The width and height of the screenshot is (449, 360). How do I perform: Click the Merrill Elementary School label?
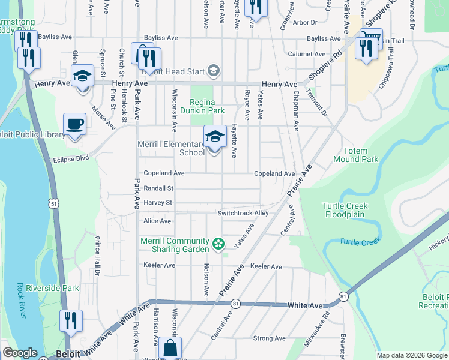pos(171,148)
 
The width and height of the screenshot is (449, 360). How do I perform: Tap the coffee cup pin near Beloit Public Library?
pos(74,125)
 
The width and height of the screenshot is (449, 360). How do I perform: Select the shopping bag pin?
pos(170,348)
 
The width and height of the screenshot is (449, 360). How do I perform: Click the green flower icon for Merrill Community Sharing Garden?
pos(218,244)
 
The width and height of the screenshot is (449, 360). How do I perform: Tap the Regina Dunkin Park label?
pos(207,106)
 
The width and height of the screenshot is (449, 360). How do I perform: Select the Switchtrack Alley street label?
pos(243,213)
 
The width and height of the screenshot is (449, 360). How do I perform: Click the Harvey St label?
pos(158,203)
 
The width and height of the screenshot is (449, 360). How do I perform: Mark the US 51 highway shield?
pos(55,204)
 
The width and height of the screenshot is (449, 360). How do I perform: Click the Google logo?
pos(20,353)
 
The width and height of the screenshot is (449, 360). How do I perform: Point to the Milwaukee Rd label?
pos(325,322)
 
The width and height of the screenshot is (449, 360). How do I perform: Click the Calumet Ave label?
pos(306,53)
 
